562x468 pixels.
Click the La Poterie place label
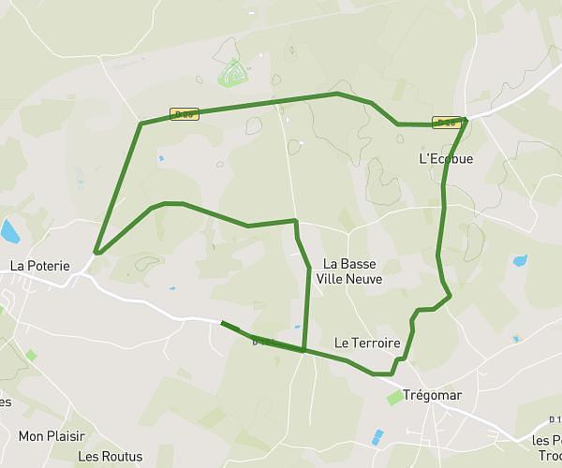(x=40, y=266)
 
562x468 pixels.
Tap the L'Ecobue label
(x=446, y=159)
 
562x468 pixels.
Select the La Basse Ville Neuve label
(x=349, y=271)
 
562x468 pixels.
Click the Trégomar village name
(x=432, y=395)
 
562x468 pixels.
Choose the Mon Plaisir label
(x=52, y=436)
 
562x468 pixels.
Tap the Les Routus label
(x=111, y=457)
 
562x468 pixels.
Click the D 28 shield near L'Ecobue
(x=445, y=123)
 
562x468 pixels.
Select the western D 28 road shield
(x=184, y=114)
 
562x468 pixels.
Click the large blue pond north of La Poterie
(x=10, y=230)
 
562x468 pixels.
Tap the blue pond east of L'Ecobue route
(x=520, y=261)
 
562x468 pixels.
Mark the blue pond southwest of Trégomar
(x=377, y=437)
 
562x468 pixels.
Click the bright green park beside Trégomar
(x=395, y=398)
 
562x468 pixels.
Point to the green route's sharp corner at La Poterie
(x=96, y=252)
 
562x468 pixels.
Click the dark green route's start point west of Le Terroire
(x=222, y=324)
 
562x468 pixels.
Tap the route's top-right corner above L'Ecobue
(x=465, y=119)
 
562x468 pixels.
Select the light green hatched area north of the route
(x=231, y=71)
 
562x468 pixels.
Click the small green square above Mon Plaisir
(x=31, y=356)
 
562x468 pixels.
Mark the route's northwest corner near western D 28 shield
(x=140, y=124)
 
